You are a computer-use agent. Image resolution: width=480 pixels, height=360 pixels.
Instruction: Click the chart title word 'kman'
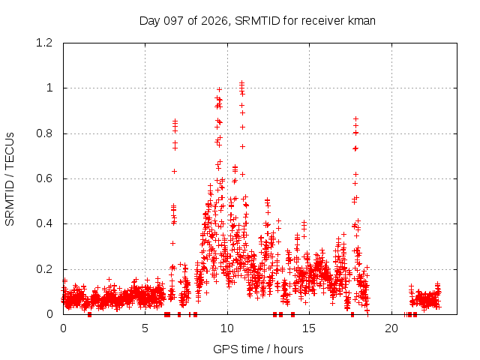[x=361, y=21]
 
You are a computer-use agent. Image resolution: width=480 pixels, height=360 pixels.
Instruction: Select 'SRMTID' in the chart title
[x=257, y=21]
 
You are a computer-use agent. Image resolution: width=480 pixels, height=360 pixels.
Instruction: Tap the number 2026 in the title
[x=214, y=21]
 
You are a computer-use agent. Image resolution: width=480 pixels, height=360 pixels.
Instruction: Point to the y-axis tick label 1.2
[x=44, y=43]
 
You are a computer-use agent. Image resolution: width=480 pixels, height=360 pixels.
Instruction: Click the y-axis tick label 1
[x=49, y=88]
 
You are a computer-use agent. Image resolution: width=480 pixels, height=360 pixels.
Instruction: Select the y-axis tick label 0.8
[x=44, y=133]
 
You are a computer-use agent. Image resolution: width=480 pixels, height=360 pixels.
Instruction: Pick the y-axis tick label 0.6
[x=44, y=178]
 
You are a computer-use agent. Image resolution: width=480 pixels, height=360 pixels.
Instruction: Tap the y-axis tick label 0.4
[x=44, y=223]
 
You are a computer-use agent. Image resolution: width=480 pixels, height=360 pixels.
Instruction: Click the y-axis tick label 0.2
[x=44, y=269]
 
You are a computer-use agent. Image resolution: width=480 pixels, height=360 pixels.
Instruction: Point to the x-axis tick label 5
[x=145, y=328]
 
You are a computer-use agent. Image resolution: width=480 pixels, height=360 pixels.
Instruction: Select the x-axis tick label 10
[x=227, y=328]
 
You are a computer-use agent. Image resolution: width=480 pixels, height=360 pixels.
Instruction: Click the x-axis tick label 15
[x=309, y=328]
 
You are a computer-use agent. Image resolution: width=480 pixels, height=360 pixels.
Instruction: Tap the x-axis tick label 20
[x=391, y=328]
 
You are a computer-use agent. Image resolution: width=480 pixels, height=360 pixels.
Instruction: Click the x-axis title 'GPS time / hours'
[x=258, y=349]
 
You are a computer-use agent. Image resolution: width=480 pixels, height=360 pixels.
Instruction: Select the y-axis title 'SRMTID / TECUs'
[x=10, y=179]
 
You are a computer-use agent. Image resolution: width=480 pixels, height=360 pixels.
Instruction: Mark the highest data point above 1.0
[x=241, y=82]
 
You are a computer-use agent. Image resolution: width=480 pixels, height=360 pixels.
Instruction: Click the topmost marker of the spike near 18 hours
[x=355, y=118]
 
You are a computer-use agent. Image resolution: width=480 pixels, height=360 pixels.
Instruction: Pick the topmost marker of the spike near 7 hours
[x=175, y=121]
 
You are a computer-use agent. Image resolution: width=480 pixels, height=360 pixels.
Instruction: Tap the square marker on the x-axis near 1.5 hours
[x=89, y=314]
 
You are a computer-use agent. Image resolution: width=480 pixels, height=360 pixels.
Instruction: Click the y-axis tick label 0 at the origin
[x=49, y=314]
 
